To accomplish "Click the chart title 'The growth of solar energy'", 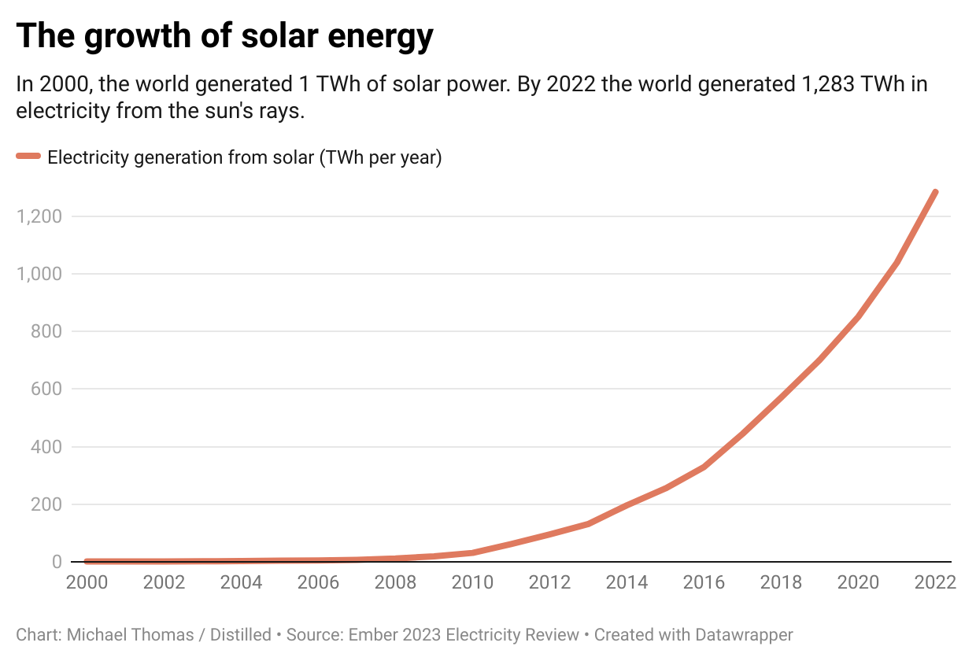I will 224,36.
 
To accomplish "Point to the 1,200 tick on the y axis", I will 39,216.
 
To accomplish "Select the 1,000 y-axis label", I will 39,274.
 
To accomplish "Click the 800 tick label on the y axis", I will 46,331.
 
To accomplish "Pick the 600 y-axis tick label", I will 46,389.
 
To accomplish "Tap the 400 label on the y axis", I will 46,447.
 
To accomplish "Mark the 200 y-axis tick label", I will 46,504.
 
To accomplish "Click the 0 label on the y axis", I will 57,562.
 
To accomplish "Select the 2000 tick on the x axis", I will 87,582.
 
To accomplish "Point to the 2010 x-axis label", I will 473,582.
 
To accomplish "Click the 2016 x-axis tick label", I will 704,582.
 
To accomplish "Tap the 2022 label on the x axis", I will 934,582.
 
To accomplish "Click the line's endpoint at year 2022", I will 934,192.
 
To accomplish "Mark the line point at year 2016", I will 704,467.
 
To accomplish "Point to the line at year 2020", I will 857,317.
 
